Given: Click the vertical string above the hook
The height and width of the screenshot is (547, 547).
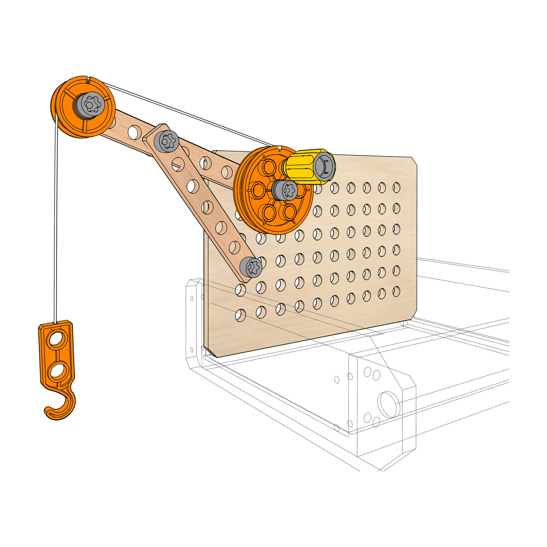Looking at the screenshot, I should [x=56, y=226].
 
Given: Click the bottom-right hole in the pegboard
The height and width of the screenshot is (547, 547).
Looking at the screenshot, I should [x=396, y=290].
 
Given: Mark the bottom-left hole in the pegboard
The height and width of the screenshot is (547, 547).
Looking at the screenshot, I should [x=240, y=315].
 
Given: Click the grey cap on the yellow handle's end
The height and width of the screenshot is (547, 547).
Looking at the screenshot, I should [x=324, y=166].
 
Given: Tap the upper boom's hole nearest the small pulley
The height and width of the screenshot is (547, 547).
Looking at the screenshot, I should [x=135, y=132].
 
